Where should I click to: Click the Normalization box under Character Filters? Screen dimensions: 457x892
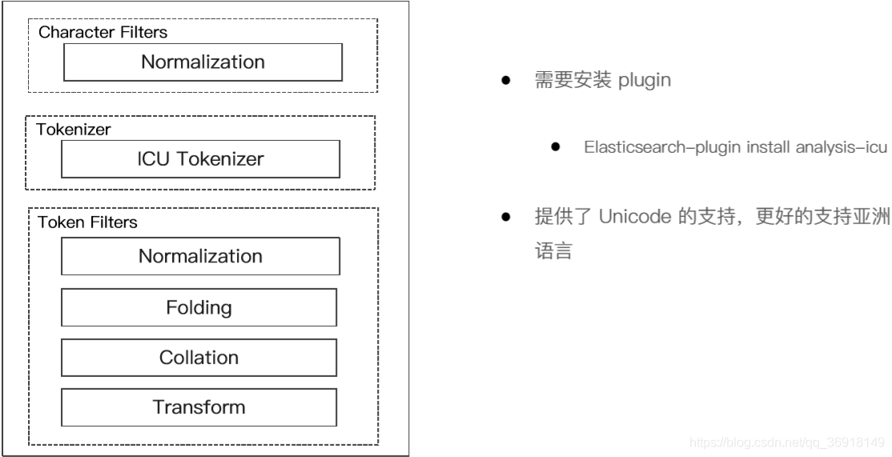click(x=203, y=62)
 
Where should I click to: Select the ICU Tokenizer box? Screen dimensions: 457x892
click(x=200, y=159)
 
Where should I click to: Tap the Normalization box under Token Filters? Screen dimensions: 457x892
click(x=200, y=256)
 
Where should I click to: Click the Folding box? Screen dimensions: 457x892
click(x=199, y=307)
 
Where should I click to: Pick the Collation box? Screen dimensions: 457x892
click(x=199, y=357)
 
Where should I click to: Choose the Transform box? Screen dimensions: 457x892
click(x=199, y=407)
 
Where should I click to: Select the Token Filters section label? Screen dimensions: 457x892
click(x=87, y=222)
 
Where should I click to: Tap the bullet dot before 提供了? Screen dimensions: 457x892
click(x=506, y=218)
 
